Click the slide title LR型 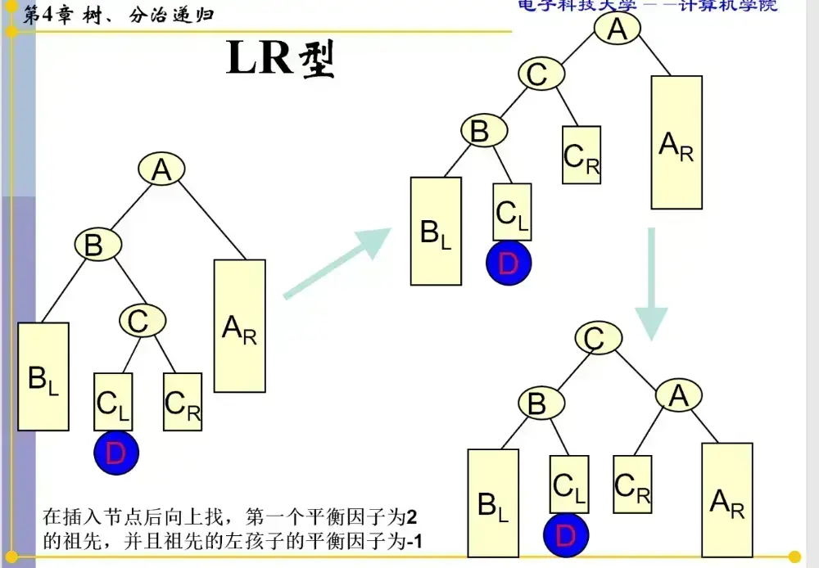280,59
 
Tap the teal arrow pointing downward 652,283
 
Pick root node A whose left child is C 618,29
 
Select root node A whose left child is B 161,169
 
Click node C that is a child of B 138,321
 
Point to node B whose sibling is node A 537,403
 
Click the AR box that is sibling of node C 676,142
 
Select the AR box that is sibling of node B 239,326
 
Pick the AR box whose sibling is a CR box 726,501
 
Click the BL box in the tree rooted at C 492,503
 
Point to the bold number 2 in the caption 412,516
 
